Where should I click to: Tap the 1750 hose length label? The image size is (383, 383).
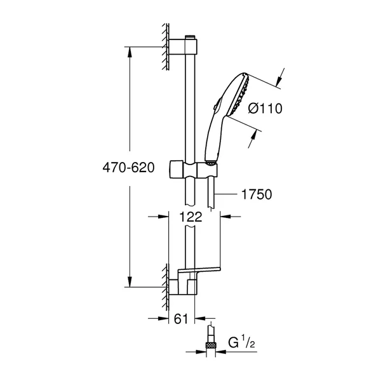[257, 194]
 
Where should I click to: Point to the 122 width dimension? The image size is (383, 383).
[190, 217]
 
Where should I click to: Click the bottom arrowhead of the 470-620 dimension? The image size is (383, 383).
[131, 283]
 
